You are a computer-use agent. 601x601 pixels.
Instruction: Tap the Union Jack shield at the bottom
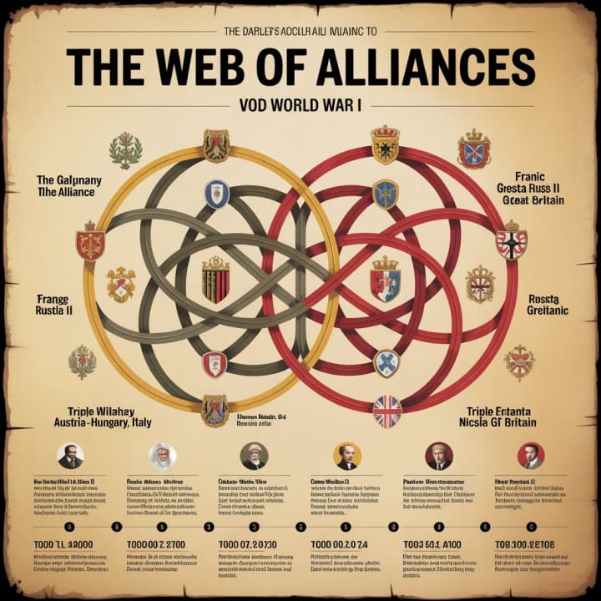[386, 412]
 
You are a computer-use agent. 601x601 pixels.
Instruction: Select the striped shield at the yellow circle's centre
[215, 280]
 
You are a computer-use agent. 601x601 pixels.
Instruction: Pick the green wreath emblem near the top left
[125, 150]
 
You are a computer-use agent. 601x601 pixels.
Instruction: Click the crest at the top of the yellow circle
[216, 144]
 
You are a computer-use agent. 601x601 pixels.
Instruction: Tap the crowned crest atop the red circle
[385, 143]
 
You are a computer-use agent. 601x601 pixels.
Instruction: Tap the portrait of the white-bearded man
[162, 456]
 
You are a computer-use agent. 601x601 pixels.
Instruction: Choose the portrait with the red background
[530, 456]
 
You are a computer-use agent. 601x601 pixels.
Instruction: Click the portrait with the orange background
[346, 456]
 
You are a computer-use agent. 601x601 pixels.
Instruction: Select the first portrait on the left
[70, 457]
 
